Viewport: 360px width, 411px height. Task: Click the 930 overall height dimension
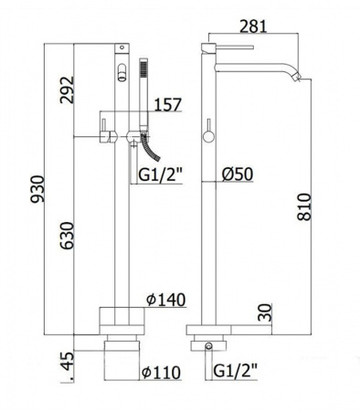(38, 189)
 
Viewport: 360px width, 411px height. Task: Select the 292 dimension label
(67, 90)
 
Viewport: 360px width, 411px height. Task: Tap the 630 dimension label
(67, 236)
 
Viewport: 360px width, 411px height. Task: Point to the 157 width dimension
(168, 105)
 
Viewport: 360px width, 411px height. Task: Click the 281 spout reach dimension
(253, 26)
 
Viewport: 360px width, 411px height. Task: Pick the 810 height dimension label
(304, 206)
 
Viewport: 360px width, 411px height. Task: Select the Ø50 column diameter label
(238, 174)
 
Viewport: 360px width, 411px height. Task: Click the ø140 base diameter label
(165, 300)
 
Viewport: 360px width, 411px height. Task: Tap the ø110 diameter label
(162, 373)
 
